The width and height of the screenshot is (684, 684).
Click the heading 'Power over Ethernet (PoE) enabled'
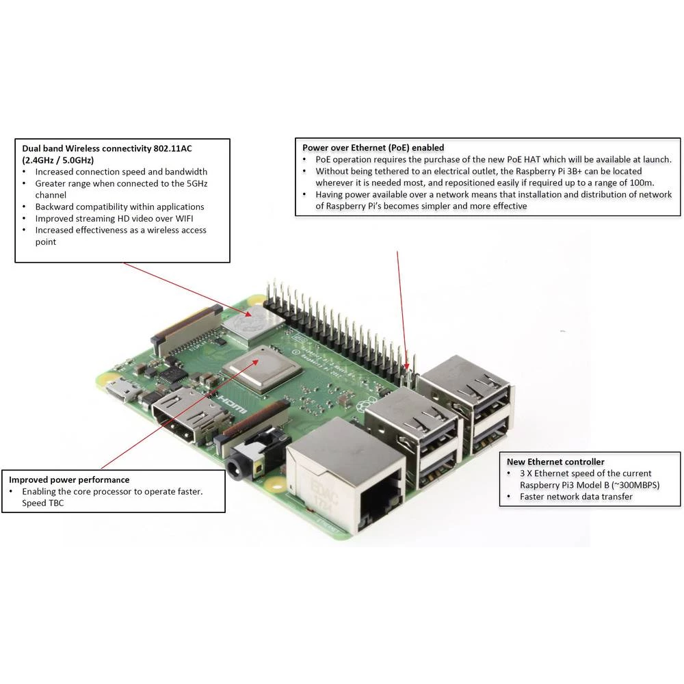click(x=373, y=147)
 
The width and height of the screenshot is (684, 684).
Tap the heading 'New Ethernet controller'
click(x=555, y=462)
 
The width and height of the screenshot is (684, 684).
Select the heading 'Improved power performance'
click(x=69, y=479)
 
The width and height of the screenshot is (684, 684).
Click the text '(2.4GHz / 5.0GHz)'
click(x=57, y=159)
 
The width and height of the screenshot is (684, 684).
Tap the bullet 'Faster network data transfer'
click(x=576, y=497)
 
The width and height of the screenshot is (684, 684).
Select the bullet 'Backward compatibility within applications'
click(x=119, y=207)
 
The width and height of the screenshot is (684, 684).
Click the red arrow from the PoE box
click(x=403, y=308)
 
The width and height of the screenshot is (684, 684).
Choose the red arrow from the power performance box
click(x=185, y=410)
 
